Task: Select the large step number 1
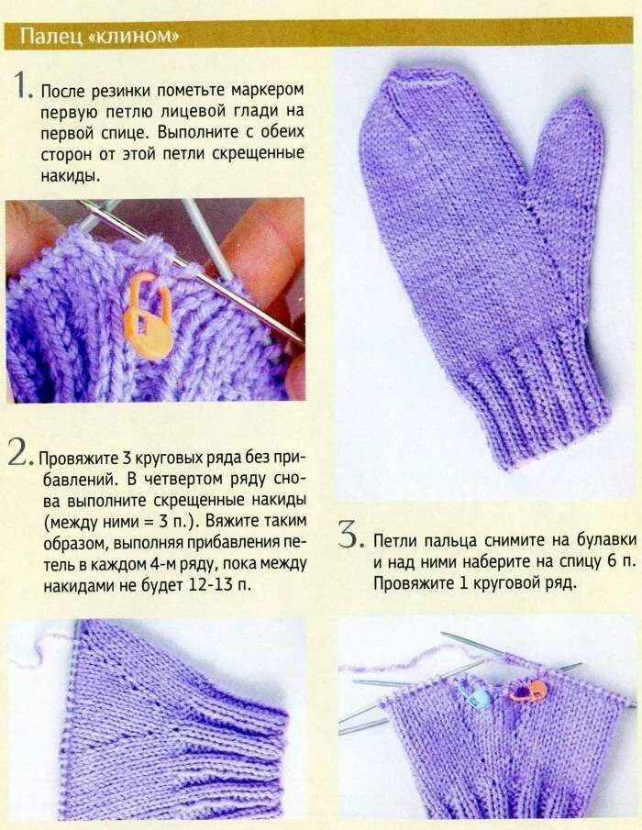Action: (23, 86)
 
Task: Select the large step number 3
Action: (348, 535)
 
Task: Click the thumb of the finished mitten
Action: (569, 174)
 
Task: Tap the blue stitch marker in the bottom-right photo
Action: (476, 695)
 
